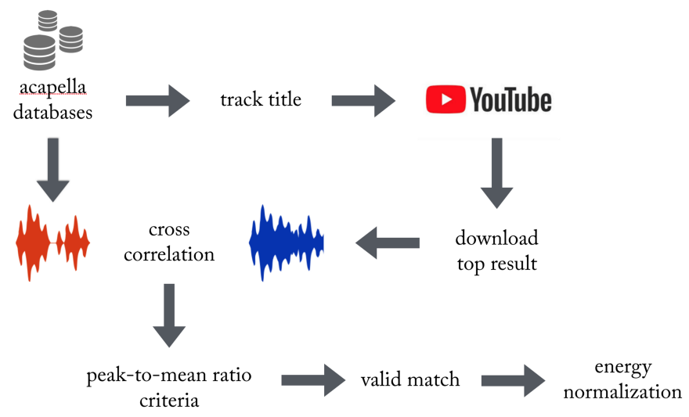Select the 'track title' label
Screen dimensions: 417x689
pos(260,100)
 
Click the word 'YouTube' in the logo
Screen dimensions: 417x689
pos(510,100)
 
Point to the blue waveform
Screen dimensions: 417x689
pos(286,243)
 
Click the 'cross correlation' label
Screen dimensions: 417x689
pos(170,243)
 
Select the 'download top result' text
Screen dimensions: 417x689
pos(496,250)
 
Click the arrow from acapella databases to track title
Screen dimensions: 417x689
pos(158,101)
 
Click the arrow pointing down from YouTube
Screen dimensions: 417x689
pos(496,174)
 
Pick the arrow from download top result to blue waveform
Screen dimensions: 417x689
pos(388,243)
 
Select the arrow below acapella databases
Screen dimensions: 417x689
pos(52,168)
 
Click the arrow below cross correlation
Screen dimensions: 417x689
pos(170,315)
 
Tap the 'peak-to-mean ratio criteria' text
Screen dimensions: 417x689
pos(169,387)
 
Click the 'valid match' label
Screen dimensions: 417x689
pos(409,380)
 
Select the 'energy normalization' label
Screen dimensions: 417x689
pos(622,379)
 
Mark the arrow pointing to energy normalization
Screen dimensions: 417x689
pos(513,380)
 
